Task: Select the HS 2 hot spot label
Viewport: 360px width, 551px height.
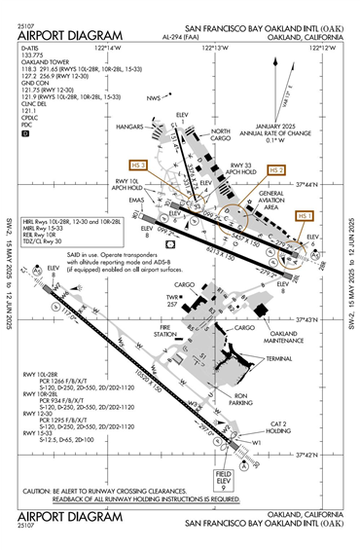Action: point(276,169)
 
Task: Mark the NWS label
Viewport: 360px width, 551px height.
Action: point(153,98)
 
